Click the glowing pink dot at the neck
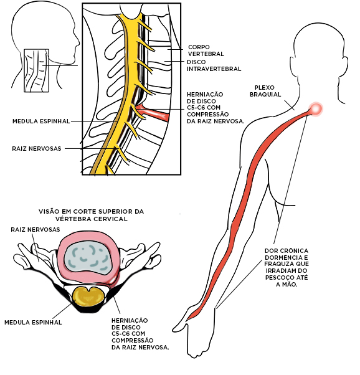point(316,109)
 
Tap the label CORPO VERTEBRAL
point(206,50)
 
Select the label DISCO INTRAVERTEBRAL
point(214,65)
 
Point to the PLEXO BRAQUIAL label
point(265,91)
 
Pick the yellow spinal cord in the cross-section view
point(88,297)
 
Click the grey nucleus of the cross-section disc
point(89,259)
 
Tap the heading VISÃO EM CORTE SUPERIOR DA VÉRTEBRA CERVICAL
point(91,215)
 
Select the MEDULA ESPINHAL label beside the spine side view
point(41,121)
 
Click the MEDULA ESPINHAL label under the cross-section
point(33,322)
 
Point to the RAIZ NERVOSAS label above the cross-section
point(36,229)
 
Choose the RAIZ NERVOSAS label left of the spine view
point(37,148)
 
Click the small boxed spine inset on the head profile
point(36,71)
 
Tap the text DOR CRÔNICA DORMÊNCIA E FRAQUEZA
point(287,257)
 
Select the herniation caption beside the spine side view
point(216,108)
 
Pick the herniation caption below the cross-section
point(140,334)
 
